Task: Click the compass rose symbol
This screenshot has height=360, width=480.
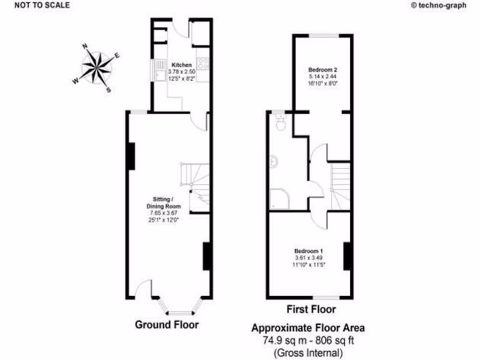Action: [x=97, y=67]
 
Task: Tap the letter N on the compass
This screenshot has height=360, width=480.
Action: [x=85, y=46]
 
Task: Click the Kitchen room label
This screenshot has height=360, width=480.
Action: [x=181, y=65]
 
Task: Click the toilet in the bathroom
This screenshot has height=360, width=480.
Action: [x=281, y=123]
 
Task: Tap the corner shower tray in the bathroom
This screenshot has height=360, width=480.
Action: [x=279, y=200]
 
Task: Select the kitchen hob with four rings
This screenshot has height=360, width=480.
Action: [x=203, y=63]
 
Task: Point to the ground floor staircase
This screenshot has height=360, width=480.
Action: [x=195, y=183]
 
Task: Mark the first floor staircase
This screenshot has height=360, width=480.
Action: [x=341, y=185]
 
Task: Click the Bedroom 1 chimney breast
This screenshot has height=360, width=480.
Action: [x=347, y=256]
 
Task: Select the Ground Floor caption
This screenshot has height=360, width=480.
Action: [x=166, y=324]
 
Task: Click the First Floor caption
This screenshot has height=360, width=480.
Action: [x=311, y=309]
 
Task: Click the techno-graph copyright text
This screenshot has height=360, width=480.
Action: [x=438, y=5]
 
